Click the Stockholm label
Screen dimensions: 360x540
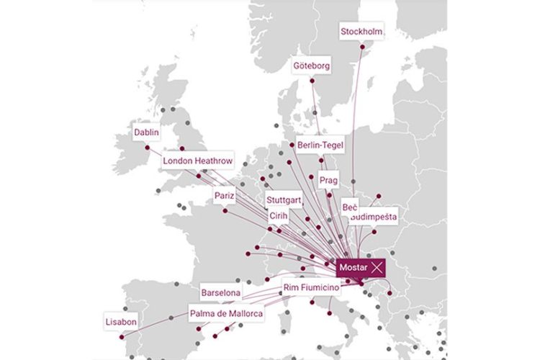361,32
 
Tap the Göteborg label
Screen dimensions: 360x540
312,66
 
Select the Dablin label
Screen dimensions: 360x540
146,132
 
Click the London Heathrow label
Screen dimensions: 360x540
198,161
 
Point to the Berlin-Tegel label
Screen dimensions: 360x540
320,145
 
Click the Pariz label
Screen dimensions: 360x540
225,195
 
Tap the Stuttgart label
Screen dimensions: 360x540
283,199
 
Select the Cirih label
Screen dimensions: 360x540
279,215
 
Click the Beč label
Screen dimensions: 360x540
349,207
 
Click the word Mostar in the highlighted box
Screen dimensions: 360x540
353,267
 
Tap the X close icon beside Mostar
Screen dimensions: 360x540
375,267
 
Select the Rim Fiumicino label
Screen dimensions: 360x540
310,287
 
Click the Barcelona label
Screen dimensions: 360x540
220,294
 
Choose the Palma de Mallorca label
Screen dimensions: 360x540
226,314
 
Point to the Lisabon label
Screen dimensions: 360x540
121,322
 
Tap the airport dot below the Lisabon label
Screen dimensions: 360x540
122,336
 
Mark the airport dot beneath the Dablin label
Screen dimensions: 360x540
148,148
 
